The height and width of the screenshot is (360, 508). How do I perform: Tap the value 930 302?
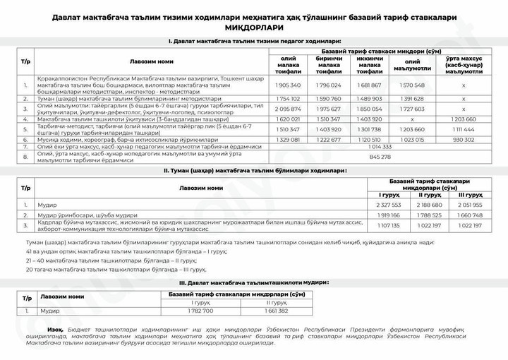(464, 140)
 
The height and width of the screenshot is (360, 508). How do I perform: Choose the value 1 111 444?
(464, 130)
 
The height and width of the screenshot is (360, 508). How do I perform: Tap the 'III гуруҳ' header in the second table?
(471, 194)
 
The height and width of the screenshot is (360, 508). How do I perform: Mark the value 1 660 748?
(471, 215)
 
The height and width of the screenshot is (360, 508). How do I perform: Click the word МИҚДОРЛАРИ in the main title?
(255, 27)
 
